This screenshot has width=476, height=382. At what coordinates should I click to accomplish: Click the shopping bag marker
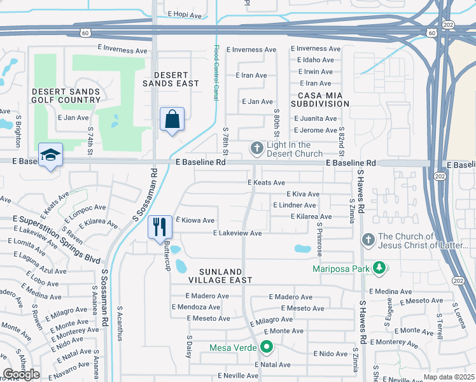point(172,119)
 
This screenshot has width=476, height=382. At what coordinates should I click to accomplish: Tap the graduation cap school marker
point(50,155)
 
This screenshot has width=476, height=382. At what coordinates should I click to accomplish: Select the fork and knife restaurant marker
point(159,227)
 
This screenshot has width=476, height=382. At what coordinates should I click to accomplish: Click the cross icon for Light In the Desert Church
point(257,149)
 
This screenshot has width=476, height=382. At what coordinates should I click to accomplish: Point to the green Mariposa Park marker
point(379,268)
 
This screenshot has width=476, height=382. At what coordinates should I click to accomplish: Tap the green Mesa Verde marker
point(267,348)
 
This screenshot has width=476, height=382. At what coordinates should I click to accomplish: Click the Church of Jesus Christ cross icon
point(367,240)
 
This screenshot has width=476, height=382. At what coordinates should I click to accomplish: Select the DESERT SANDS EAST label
point(171,79)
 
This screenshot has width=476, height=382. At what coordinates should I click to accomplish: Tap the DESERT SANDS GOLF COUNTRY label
point(66,95)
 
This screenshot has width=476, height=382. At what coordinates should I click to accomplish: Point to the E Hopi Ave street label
point(184,13)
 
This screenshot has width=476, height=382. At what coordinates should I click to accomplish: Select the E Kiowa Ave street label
point(195,220)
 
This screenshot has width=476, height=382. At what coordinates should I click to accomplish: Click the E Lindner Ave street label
point(294,205)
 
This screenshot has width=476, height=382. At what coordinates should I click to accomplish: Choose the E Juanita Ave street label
point(315,118)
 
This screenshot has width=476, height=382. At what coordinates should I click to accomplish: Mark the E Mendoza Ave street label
point(195,307)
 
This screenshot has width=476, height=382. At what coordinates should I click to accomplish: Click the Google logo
point(21,374)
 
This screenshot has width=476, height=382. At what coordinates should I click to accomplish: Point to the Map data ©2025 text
point(449,377)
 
